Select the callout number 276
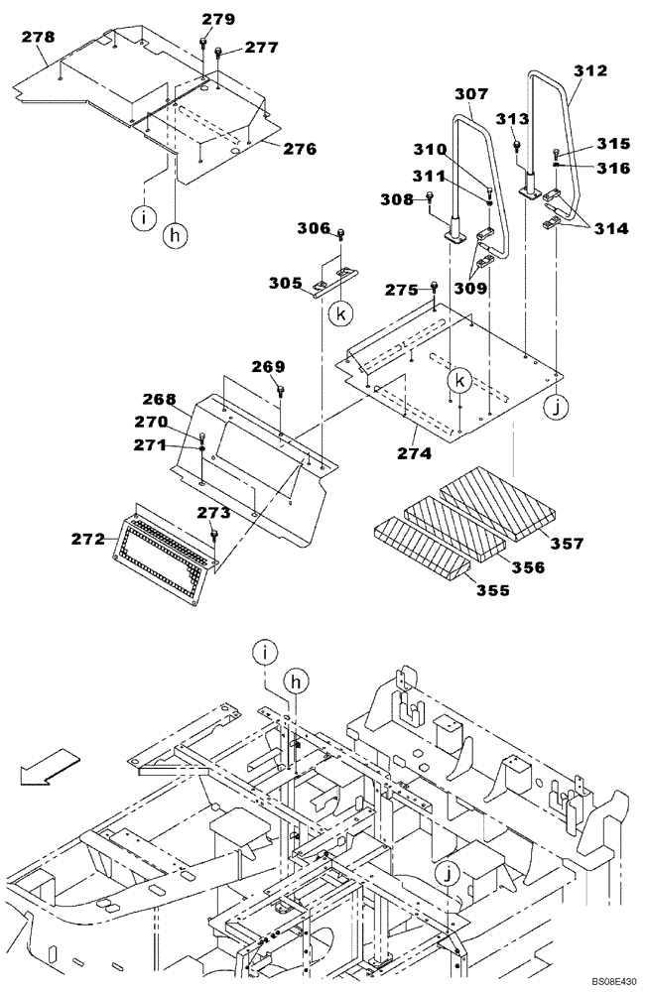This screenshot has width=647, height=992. (299, 150)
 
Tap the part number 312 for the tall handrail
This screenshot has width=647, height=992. (590, 71)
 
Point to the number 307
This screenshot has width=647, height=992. (470, 95)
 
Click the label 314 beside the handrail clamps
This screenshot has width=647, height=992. (612, 228)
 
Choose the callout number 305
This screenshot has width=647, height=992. (286, 282)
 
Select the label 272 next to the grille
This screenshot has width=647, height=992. (89, 539)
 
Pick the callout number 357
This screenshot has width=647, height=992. (568, 543)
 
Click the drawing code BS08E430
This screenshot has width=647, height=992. (614, 980)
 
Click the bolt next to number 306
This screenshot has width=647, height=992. (341, 235)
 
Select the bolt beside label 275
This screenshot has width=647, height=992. (435, 289)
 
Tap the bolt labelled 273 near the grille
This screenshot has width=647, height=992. (213, 536)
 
